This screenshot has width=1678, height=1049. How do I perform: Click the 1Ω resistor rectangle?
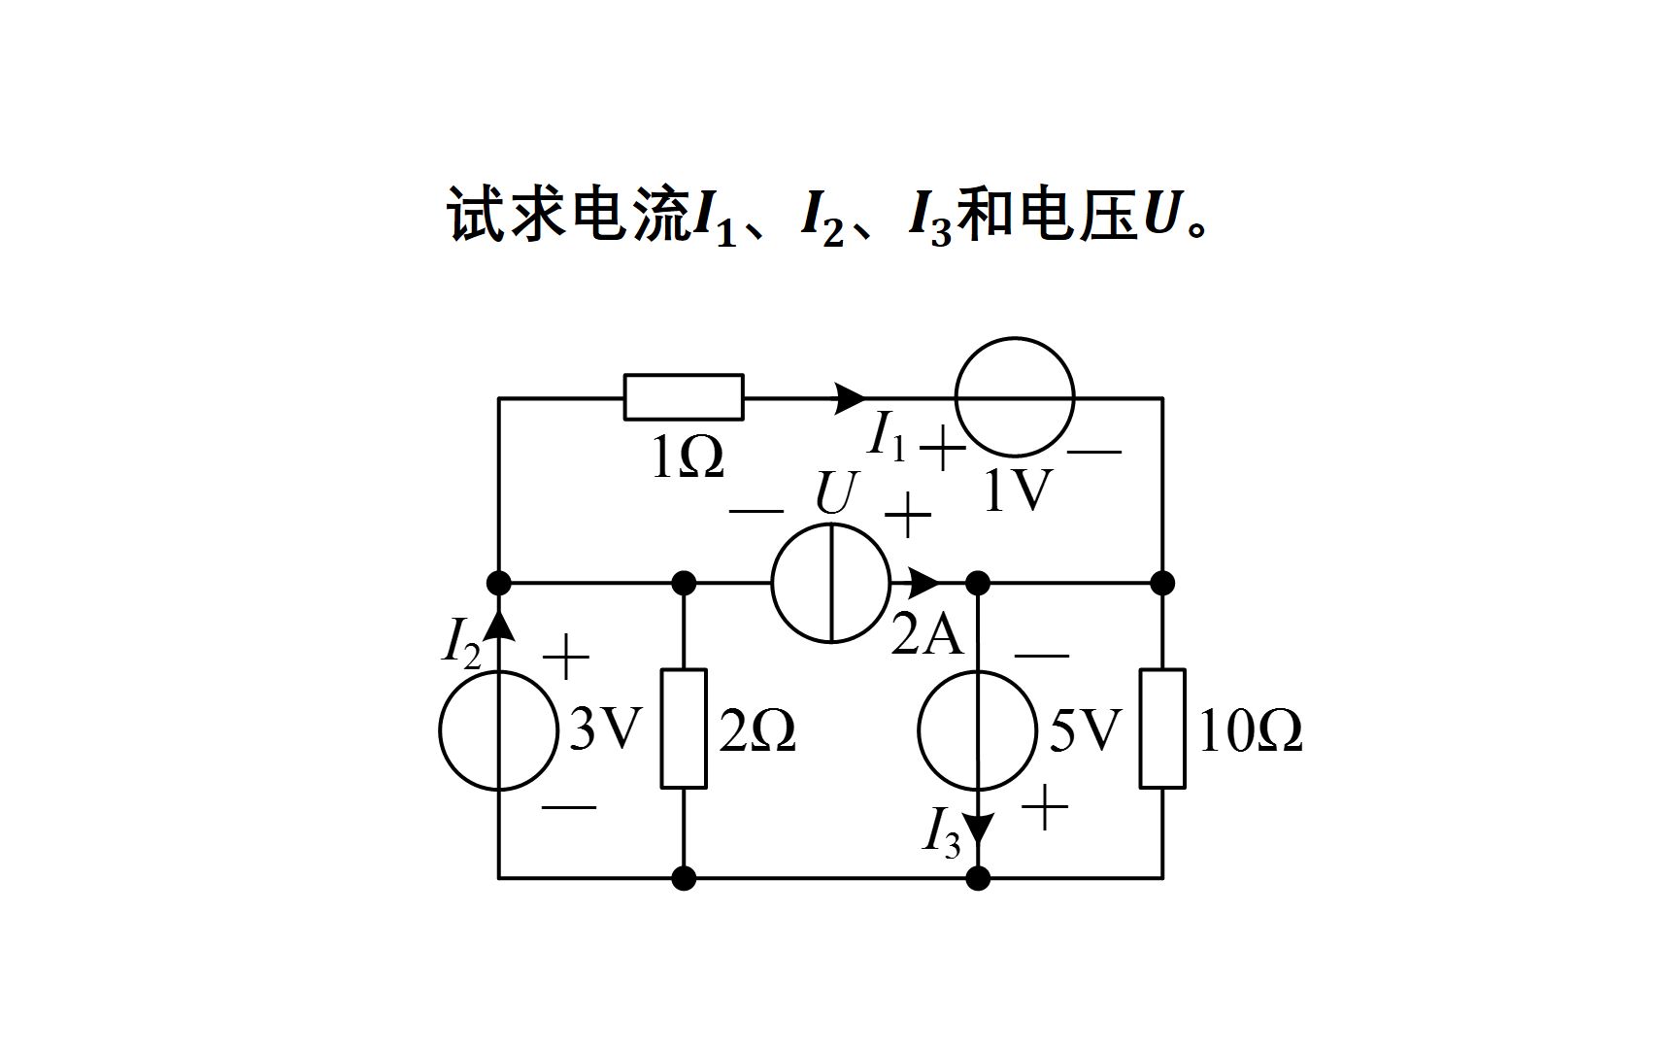click(684, 397)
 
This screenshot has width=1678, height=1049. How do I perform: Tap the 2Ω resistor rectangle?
click(684, 728)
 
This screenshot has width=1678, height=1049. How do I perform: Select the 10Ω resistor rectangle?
click(1162, 728)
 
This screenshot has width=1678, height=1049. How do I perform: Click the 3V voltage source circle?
click(499, 730)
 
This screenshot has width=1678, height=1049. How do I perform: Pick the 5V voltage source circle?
click(978, 730)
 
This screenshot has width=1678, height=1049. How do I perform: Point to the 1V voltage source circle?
click(1015, 396)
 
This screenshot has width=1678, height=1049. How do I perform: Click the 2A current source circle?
click(831, 583)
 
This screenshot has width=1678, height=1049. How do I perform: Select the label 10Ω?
click(1250, 731)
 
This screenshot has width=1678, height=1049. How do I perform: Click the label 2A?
click(926, 636)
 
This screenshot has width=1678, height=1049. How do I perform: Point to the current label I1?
click(887, 435)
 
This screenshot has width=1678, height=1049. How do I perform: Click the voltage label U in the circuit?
click(835, 493)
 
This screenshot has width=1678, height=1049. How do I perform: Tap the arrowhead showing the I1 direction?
click(851, 397)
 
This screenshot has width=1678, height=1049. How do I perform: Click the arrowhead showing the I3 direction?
click(979, 828)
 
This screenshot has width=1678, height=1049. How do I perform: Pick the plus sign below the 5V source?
click(1045, 808)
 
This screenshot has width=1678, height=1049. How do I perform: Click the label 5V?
click(1085, 730)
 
